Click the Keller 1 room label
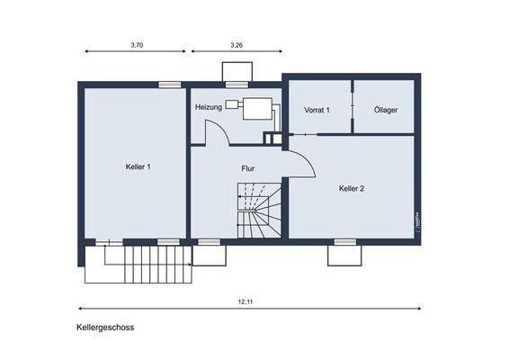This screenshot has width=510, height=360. click(x=138, y=166)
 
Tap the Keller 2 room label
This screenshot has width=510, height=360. click(x=352, y=188)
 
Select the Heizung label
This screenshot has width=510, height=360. click(x=209, y=108)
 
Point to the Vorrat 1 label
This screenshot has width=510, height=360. click(x=318, y=110)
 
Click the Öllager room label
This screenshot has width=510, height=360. click(x=386, y=110)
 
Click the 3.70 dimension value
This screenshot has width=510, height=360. click(x=138, y=44)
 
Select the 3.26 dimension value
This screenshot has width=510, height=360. click(x=237, y=44)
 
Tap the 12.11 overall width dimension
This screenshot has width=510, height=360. click(x=245, y=301)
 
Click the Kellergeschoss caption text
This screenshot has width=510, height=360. click(x=105, y=328)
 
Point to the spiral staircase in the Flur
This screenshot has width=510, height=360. click(x=259, y=210)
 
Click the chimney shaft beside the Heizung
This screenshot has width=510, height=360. click(x=271, y=139)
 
